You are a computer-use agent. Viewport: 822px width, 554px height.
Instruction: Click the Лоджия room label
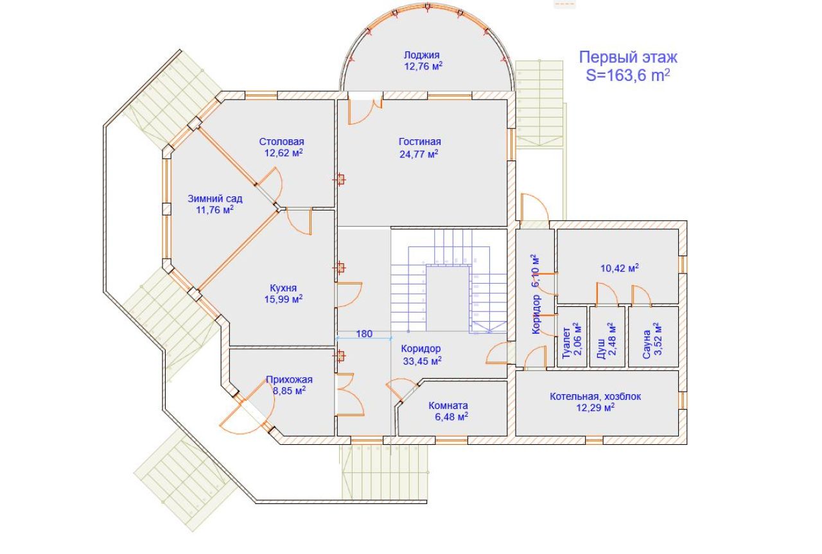[x=422, y=55]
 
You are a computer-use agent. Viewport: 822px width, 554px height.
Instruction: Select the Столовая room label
[x=281, y=141]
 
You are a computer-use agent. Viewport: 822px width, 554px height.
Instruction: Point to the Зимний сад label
[x=215, y=198]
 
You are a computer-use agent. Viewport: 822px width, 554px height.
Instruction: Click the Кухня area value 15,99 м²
[x=283, y=299]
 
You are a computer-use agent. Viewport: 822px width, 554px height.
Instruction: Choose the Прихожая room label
[x=289, y=379]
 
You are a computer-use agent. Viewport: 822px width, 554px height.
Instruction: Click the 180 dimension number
[x=364, y=333]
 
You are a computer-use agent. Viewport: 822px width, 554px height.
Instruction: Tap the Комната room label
[x=448, y=405]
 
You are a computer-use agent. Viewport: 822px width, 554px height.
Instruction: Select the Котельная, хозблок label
[x=595, y=396]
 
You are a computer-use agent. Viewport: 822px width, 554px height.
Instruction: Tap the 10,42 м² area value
[x=619, y=268]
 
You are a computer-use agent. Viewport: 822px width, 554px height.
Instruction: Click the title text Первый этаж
[x=628, y=57]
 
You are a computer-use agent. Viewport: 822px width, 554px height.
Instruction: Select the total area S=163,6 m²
[x=628, y=74]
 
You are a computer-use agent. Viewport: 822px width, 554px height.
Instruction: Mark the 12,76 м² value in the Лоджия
[x=423, y=66]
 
